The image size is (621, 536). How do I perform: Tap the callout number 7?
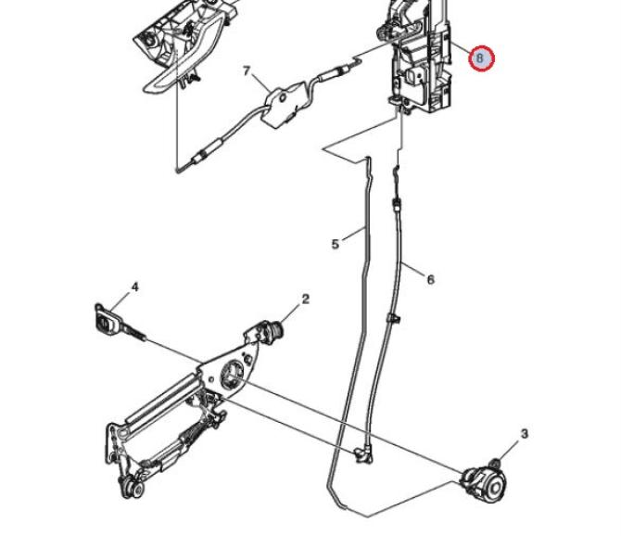coord(247,71)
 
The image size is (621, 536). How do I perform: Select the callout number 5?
coord(335,245)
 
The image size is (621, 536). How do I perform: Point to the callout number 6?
coord(430,280)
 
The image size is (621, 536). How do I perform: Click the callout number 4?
coord(135,287)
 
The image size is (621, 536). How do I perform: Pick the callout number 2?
coord(305,300)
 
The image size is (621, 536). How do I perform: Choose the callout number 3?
coord(525,434)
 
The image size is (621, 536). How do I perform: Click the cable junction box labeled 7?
coord(283,104)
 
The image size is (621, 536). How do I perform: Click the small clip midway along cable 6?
coord(393,318)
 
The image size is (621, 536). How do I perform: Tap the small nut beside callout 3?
coord(495,463)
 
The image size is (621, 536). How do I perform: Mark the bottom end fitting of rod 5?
coord(363,453)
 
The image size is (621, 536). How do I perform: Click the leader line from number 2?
coord(291,313)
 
